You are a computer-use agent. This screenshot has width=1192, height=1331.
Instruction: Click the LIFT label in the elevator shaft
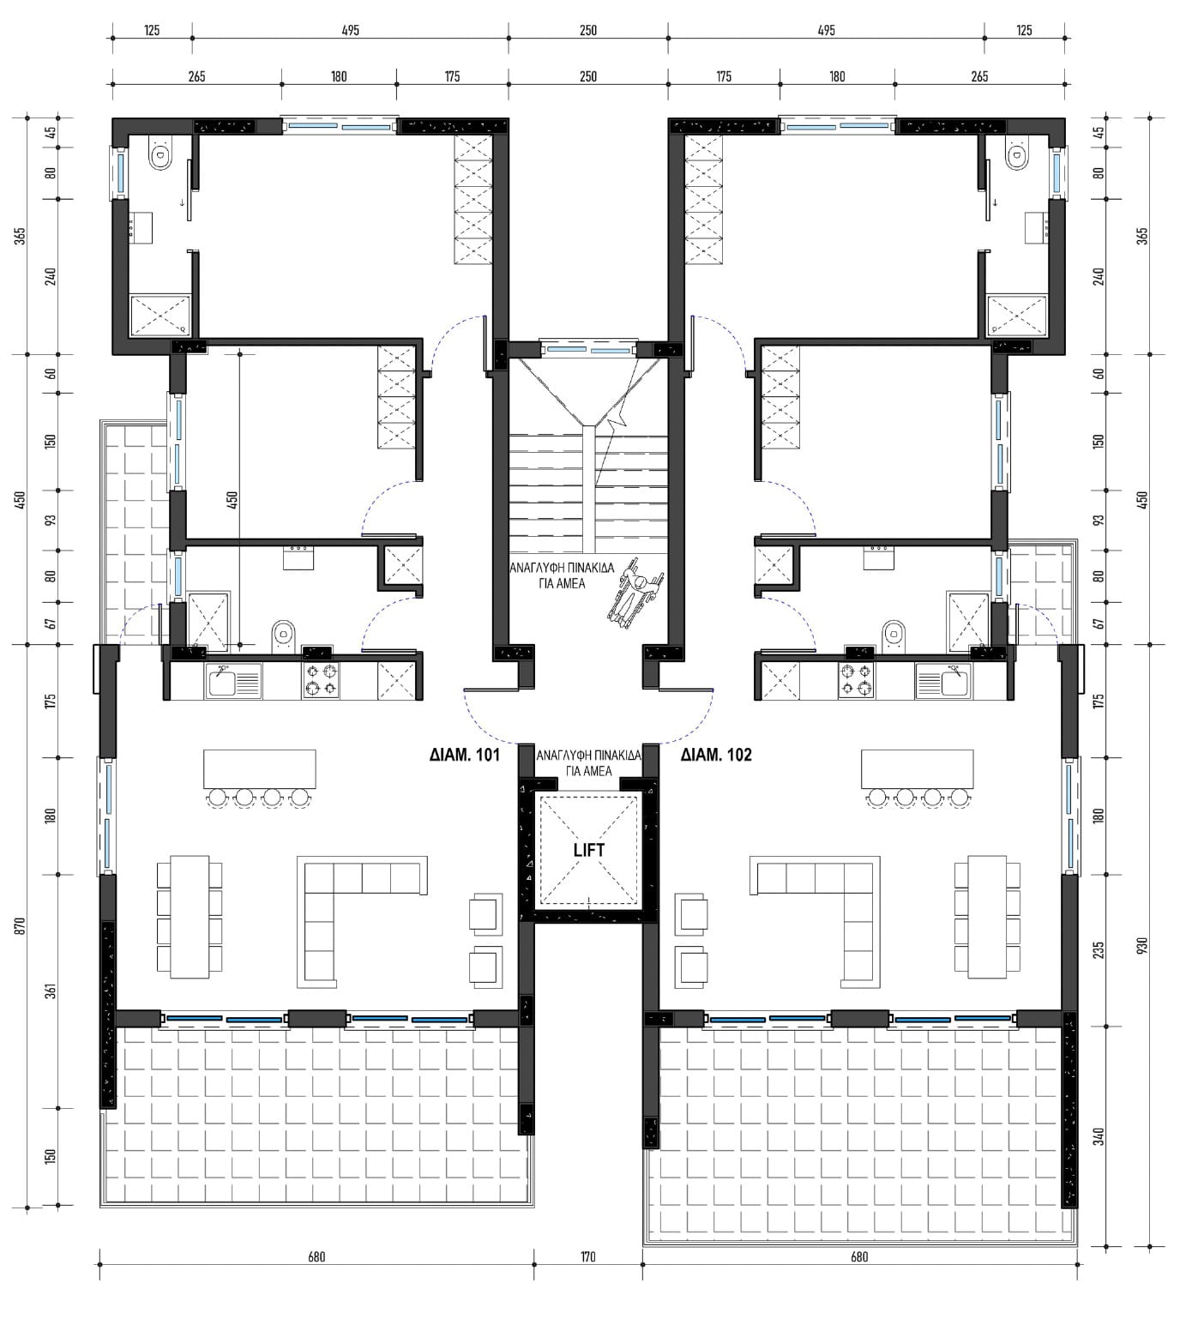[588, 850]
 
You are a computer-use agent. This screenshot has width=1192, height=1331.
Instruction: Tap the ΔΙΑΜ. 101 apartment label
[465, 755]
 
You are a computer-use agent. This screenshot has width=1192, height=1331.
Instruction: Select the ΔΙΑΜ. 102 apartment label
[716, 755]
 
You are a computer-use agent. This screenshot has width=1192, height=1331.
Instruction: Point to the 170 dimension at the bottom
[587, 1257]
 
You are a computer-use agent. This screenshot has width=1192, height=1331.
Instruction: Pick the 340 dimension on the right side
[1099, 1135]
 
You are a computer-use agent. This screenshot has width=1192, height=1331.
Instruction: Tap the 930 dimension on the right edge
[1141, 945]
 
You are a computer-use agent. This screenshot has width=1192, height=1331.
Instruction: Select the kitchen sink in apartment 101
[233, 682]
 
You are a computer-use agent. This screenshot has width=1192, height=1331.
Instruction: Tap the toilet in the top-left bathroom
[160, 155]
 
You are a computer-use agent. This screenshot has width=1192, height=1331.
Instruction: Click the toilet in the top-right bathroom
[1017, 155]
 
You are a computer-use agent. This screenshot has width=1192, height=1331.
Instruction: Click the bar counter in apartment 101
[259, 768]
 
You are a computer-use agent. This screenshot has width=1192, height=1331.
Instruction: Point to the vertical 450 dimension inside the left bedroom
[232, 499]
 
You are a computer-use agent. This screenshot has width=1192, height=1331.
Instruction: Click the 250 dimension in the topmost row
[587, 31]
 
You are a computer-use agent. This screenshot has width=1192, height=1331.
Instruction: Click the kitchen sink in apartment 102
[943, 682]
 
